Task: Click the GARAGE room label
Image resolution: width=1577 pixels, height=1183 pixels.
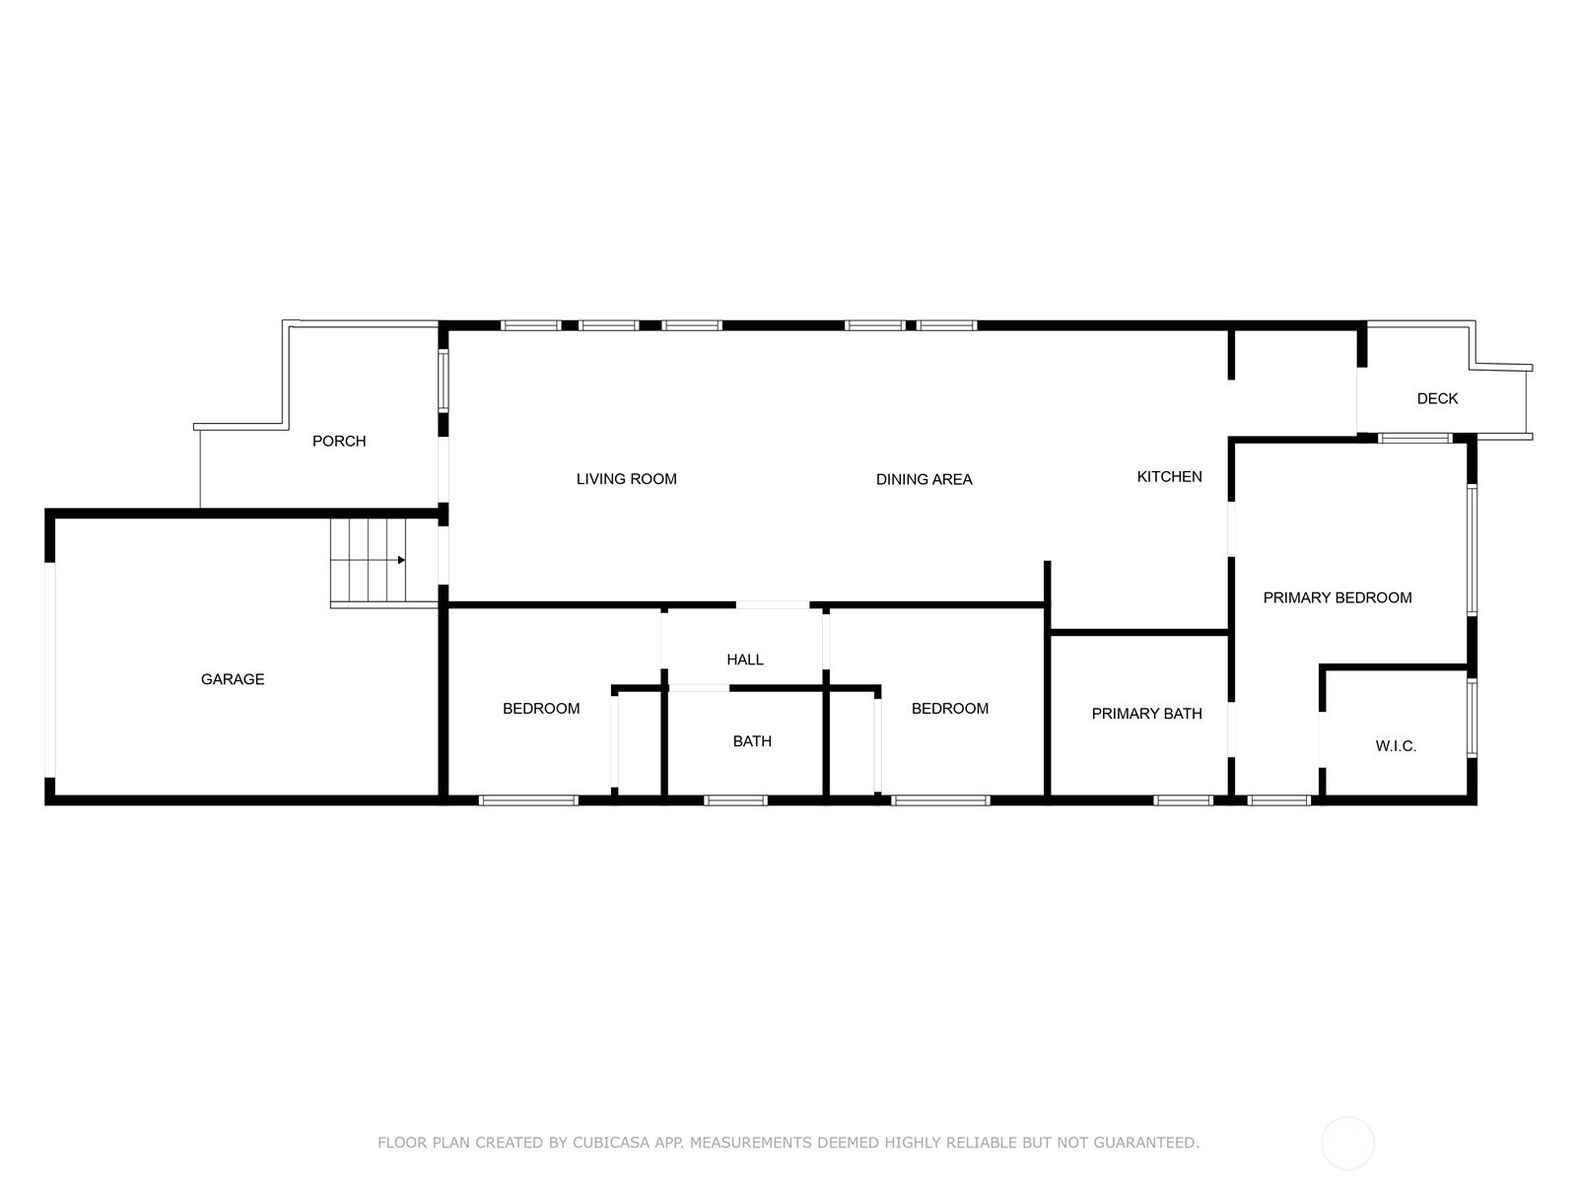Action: [x=232, y=679]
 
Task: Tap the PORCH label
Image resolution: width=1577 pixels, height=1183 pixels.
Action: [x=339, y=441]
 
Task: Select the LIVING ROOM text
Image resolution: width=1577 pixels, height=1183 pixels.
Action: [x=627, y=479]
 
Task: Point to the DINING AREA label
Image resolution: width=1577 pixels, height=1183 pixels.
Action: [x=924, y=479]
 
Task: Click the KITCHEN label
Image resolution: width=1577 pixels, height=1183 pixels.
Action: [x=1169, y=476]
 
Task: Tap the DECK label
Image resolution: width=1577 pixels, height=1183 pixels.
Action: [x=1437, y=398]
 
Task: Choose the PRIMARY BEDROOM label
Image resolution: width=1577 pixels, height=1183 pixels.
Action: [x=1337, y=597]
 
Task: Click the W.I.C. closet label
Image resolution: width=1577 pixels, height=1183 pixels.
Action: [x=1396, y=746]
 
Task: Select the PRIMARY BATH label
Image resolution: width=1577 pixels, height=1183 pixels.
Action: [x=1146, y=713]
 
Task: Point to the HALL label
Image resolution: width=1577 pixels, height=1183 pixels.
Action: [x=745, y=660]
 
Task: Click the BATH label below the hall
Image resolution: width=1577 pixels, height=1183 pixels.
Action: [x=752, y=741]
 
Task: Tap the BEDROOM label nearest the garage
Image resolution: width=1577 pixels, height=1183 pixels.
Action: [x=541, y=708]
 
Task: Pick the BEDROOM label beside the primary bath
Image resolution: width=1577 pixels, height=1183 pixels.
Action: [x=950, y=708]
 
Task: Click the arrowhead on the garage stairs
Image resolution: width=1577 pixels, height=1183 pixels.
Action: [x=401, y=560]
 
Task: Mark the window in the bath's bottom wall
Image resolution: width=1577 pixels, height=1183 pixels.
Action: [x=735, y=800]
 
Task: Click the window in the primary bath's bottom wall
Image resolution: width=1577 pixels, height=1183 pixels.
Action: [x=1184, y=800]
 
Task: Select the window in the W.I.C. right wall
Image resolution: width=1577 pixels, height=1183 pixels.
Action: [x=1472, y=718]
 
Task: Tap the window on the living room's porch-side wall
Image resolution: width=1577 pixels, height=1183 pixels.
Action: [x=444, y=381]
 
